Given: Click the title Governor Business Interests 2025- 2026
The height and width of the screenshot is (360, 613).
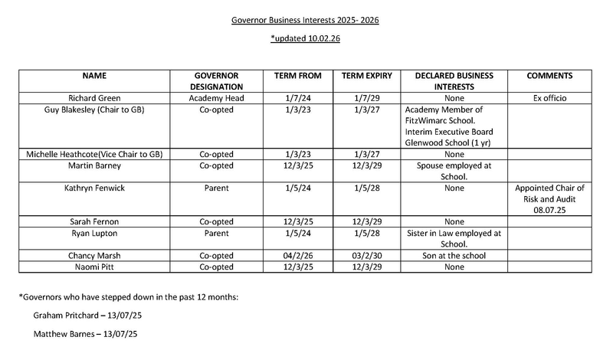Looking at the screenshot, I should [x=306, y=18].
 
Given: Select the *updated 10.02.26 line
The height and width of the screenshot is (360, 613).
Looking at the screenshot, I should [x=306, y=38].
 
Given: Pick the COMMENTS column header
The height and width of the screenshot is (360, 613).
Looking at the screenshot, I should [x=550, y=76].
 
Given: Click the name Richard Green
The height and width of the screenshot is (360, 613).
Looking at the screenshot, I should [x=96, y=99].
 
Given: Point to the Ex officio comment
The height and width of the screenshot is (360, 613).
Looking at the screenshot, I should [x=550, y=99].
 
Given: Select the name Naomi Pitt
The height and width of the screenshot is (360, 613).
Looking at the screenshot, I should [x=96, y=267].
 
